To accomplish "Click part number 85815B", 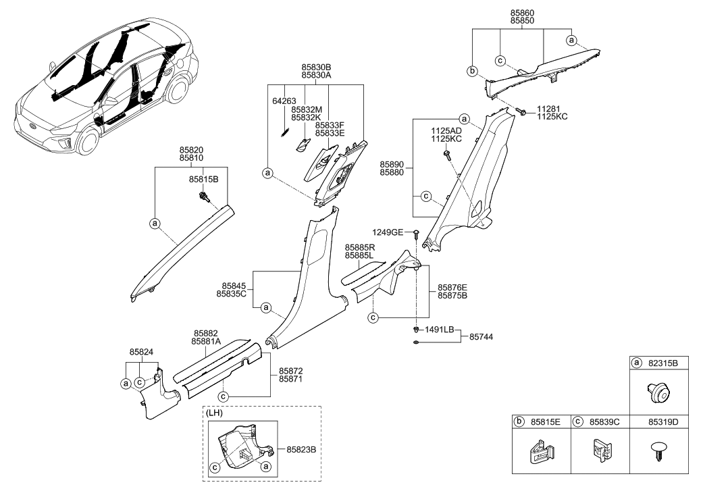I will [203, 180].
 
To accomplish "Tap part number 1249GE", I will [392, 232].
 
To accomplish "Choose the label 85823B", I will [302, 448].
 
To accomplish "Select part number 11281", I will [550, 109].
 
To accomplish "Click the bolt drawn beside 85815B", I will [203, 197].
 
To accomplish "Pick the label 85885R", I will [361, 248].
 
